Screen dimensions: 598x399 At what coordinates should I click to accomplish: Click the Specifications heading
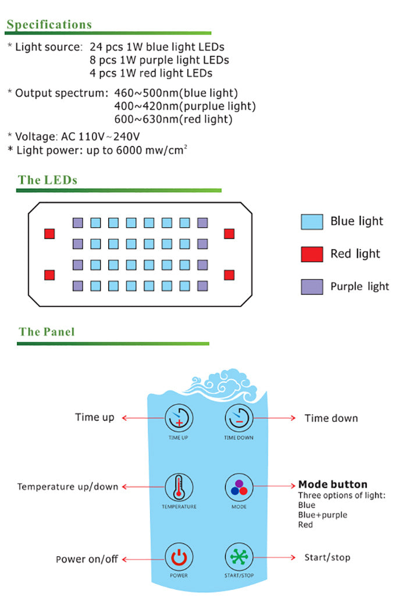(x=49, y=24)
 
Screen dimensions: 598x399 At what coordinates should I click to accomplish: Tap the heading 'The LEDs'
(x=48, y=180)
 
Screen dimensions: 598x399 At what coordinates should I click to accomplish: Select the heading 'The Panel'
(x=47, y=332)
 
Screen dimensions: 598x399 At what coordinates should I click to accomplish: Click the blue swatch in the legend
(x=312, y=222)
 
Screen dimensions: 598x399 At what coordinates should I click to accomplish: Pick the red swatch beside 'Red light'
(x=312, y=254)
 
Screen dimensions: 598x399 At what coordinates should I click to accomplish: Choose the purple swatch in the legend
(x=312, y=287)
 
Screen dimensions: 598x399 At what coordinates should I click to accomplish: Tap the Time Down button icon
(x=238, y=418)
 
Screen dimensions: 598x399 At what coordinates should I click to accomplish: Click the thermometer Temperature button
(x=179, y=487)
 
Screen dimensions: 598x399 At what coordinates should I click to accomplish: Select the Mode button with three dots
(x=238, y=487)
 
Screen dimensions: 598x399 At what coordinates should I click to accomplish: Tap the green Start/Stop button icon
(x=238, y=557)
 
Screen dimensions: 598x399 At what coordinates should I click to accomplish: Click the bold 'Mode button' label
(x=333, y=484)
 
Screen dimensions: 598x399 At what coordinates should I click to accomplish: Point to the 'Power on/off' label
(x=87, y=559)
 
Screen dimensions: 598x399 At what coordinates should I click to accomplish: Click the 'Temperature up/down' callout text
(x=67, y=486)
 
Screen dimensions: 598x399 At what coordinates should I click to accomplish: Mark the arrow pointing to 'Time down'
(x=275, y=418)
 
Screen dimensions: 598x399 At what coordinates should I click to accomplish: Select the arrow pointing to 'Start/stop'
(x=275, y=557)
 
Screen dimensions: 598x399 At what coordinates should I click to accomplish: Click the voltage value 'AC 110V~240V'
(x=101, y=137)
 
